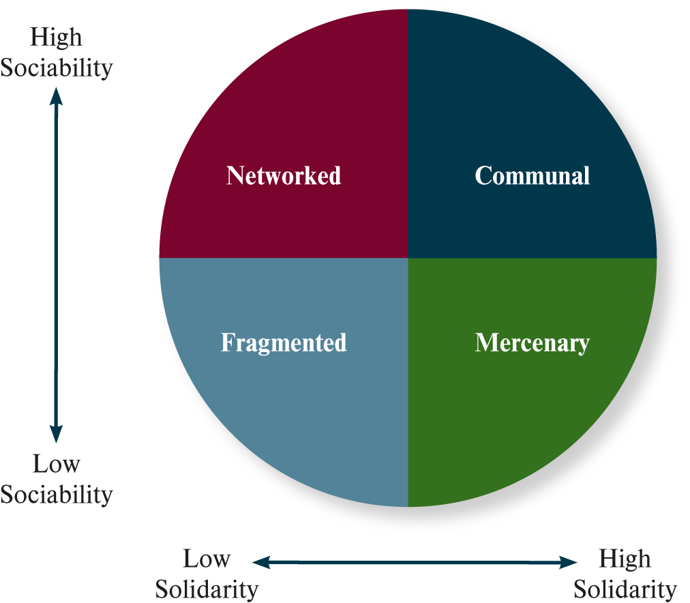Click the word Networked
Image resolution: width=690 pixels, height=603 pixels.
(284, 176)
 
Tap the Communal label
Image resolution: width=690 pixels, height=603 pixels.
(532, 176)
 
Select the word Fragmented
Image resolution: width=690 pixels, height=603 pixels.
(284, 342)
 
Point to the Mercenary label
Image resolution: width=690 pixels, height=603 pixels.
(532, 342)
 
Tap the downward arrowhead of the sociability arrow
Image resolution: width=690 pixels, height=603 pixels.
(56, 434)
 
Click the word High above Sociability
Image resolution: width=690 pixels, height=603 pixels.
(56, 38)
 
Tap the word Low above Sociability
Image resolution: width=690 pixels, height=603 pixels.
(56, 465)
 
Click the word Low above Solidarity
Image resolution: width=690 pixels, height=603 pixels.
(207, 559)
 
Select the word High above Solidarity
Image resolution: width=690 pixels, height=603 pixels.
(625, 559)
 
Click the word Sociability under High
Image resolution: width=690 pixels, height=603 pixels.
(56, 68)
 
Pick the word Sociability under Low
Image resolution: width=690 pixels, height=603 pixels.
(56, 495)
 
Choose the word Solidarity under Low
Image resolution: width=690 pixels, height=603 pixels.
(207, 589)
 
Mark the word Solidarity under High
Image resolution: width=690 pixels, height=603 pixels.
(625, 589)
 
